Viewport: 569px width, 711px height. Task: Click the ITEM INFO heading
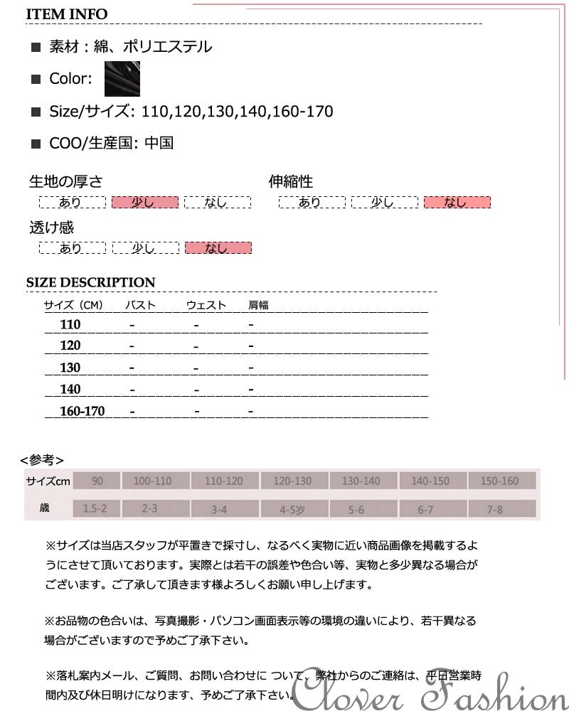[67, 14]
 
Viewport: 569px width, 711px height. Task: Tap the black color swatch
[122, 79]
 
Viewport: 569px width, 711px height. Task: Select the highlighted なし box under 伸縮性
[457, 203]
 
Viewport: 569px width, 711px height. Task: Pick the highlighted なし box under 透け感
[218, 248]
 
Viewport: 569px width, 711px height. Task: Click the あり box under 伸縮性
[310, 203]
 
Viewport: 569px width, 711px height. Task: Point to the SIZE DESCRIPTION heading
[90, 282]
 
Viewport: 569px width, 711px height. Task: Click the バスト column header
[140, 306]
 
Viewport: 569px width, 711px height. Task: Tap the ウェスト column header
[206, 306]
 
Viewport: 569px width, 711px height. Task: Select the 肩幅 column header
[258, 306]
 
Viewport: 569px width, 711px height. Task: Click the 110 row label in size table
[70, 325]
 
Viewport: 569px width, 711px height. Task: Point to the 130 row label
[70, 368]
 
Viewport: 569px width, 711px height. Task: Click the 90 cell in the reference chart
[97, 481]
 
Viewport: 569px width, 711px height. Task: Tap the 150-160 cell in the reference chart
[500, 481]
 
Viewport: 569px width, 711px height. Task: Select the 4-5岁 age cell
[292, 509]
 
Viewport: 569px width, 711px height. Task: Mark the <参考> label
[42, 459]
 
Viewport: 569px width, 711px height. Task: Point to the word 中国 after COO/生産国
[159, 143]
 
